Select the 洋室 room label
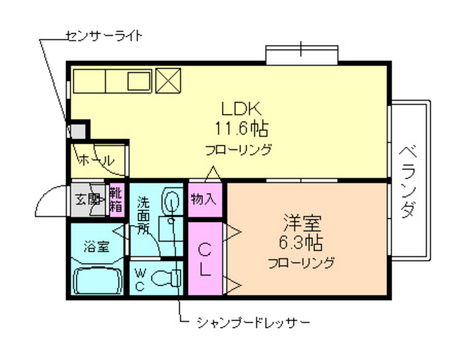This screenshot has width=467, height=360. (x=302, y=223)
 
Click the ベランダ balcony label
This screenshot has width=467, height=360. (x=408, y=180)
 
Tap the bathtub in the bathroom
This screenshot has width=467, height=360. (x=98, y=281)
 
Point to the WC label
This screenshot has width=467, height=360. (x=140, y=279)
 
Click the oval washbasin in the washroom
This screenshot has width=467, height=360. (x=172, y=202)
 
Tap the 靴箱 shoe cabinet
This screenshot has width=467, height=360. (x=117, y=200)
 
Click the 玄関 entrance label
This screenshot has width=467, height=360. (x=88, y=199)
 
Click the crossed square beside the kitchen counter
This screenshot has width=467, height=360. (x=167, y=79)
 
